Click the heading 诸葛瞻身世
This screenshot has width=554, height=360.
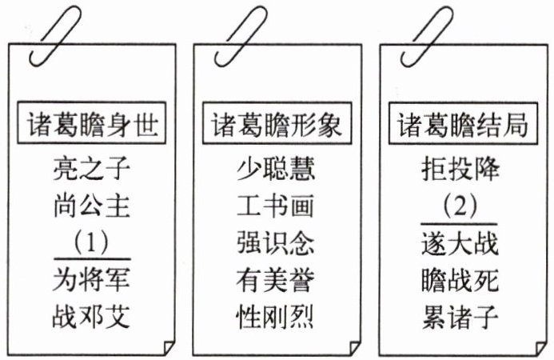91,125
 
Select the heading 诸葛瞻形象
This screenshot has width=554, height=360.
276,125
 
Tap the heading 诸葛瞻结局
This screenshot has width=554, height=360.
462,125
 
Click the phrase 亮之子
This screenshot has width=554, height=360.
91,169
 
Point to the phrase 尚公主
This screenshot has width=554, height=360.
91,205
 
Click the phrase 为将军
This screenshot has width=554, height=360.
91,279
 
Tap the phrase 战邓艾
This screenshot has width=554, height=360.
91,315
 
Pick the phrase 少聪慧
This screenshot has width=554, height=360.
276,169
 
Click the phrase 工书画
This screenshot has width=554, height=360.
276,205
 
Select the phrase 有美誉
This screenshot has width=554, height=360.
276,279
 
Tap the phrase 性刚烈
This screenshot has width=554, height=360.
276,315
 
